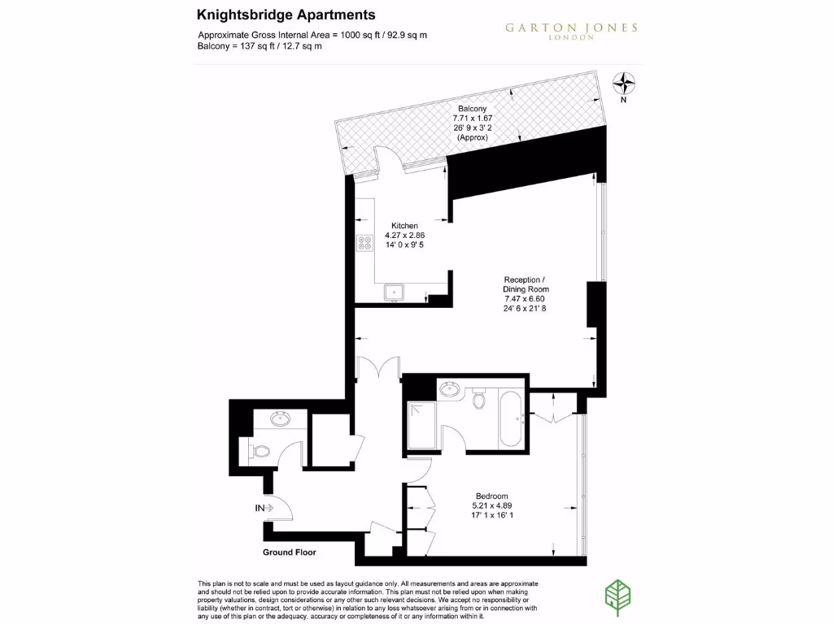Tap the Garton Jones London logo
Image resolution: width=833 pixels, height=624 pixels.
(571, 31)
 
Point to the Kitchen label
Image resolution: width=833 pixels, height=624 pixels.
(404, 226)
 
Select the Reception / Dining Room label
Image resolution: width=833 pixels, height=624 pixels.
(526, 284)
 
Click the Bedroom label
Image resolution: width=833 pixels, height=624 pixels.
(492, 496)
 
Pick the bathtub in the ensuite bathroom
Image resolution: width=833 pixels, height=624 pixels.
(511, 418)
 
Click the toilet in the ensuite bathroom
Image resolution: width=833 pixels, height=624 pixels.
(479, 399)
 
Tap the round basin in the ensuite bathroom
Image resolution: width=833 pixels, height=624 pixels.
(449, 391)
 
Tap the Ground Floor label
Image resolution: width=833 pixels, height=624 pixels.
(289, 552)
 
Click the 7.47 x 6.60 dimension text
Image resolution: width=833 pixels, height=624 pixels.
(525, 299)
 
